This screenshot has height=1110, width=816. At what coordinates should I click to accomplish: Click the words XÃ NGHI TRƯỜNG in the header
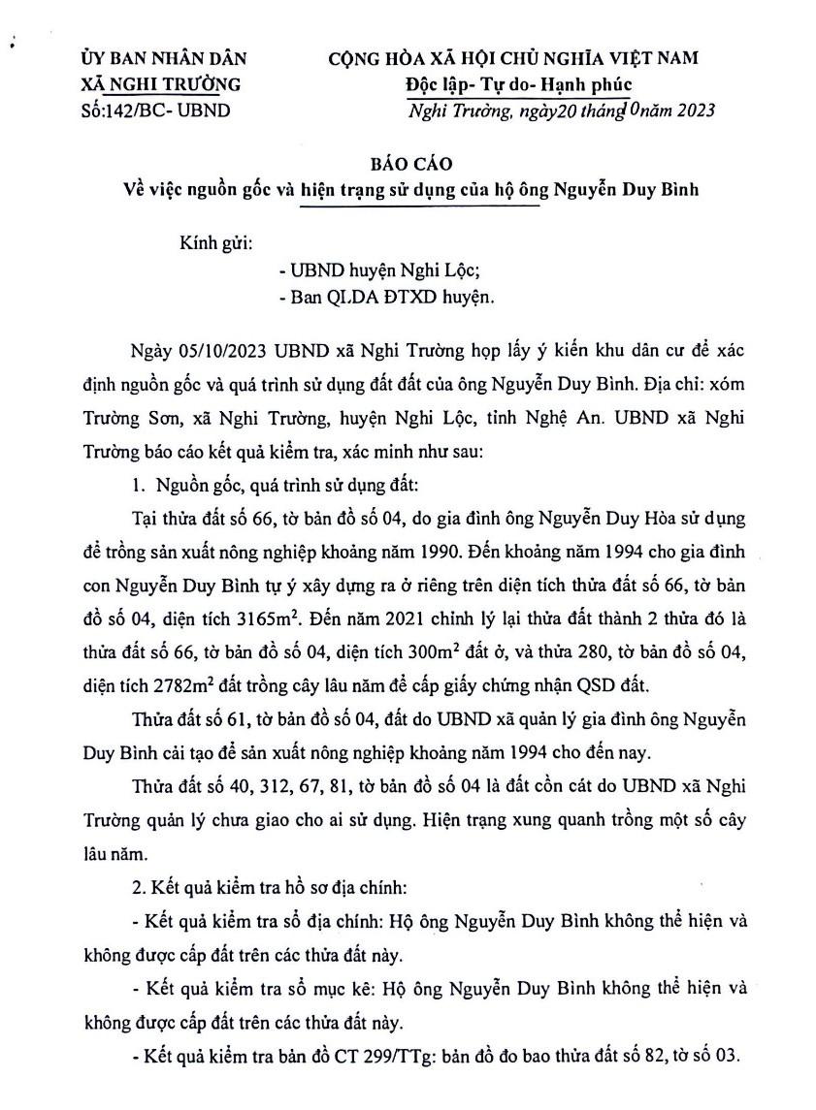coord(162,85)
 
